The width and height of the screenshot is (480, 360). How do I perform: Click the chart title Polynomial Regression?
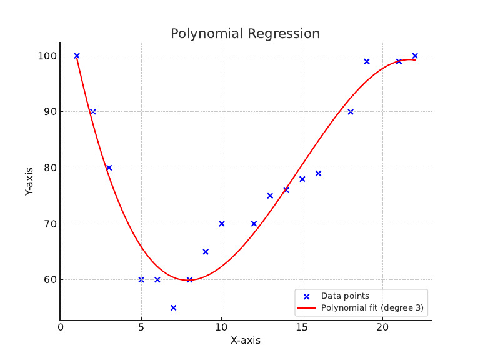click(x=245, y=34)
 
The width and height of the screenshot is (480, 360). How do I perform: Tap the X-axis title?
click(x=245, y=341)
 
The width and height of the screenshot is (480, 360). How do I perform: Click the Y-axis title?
click(x=29, y=181)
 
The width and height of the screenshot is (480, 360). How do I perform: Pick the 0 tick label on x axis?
click(x=61, y=326)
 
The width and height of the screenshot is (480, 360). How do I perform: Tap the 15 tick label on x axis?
click(x=302, y=326)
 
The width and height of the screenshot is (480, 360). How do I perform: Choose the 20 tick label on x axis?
click(x=382, y=326)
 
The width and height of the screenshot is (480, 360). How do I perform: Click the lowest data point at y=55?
click(x=173, y=307)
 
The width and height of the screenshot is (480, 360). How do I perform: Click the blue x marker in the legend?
click(x=307, y=296)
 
